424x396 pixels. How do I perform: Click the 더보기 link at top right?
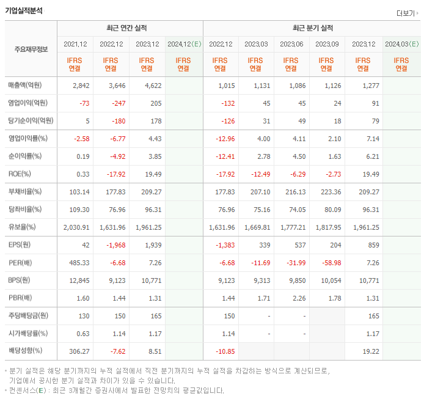coord(407,13)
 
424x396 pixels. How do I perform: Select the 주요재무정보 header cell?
coord(31,50)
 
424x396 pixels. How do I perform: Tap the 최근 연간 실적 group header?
coord(130,28)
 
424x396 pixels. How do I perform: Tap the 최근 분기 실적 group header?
coord(312,28)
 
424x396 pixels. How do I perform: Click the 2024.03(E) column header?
coord(401,44)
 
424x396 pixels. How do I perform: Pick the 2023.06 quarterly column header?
coord(291,44)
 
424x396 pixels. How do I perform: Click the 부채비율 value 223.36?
coord(327,192)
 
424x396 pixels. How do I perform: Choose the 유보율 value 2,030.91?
coord(76,227)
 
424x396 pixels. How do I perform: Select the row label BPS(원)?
coord(22,280)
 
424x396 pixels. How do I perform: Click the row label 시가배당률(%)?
coord(28,334)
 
